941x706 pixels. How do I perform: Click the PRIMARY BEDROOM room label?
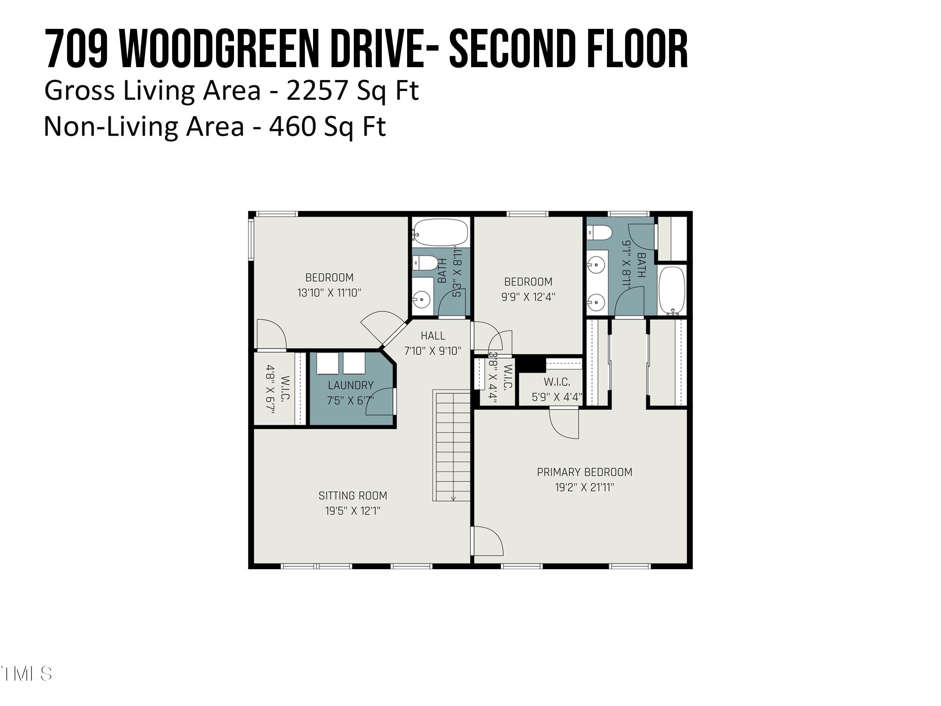coord(584,472)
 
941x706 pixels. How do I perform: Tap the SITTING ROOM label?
coord(353,495)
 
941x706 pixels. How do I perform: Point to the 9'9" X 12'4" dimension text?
coord(528,297)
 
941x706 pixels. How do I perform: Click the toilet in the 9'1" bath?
coord(599,233)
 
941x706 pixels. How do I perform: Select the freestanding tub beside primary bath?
coord(672,290)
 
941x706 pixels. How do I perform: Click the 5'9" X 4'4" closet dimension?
coord(556,397)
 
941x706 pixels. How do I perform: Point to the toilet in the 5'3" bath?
coord(425,263)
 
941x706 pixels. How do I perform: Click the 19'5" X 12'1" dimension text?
coord(353,511)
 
